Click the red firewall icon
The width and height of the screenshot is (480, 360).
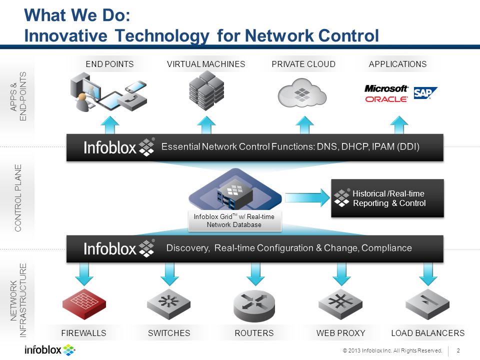click(x=84, y=303)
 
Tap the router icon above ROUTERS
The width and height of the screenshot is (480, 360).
click(x=254, y=306)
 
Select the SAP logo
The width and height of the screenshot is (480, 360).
click(x=425, y=93)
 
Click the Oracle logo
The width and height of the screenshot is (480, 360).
click(x=386, y=99)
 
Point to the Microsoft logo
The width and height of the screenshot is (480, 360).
click(x=386, y=89)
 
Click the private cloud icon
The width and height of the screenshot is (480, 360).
click(x=302, y=93)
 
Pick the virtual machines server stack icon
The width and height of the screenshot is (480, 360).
click(x=206, y=90)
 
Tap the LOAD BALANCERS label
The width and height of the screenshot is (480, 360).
click(x=427, y=333)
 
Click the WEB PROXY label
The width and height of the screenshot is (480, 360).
click(x=340, y=333)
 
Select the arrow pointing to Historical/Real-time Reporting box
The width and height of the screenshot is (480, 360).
click(x=307, y=197)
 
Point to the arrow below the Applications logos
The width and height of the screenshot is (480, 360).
click(x=399, y=125)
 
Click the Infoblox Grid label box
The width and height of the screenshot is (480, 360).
click(x=234, y=220)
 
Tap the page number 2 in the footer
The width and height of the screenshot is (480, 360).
click(x=458, y=350)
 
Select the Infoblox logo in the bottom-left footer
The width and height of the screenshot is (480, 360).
click(x=50, y=350)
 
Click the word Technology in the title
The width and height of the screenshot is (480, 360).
click(x=162, y=36)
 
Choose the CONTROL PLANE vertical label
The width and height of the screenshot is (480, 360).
click(x=18, y=198)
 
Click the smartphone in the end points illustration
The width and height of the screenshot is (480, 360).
click(x=136, y=86)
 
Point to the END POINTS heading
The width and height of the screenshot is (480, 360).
click(x=109, y=64)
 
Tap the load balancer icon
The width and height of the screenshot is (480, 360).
click(x=427, y=304)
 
